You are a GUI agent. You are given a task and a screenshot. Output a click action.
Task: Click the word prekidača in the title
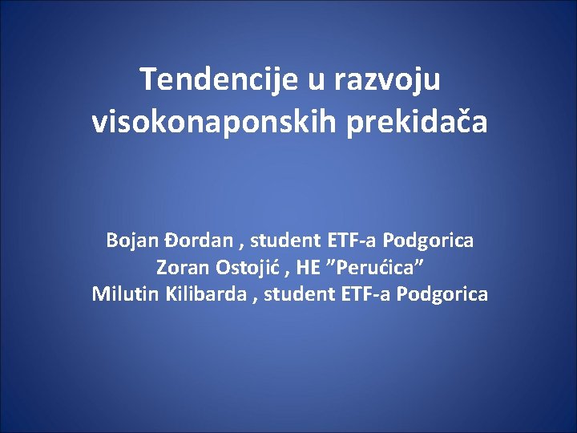tap(417, 123)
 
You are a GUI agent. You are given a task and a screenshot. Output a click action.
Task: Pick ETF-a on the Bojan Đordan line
tap(350, 241)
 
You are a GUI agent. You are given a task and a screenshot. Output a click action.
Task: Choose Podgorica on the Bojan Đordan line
tap(428, 241)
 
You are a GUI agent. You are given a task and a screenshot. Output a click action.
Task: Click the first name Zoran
tap(180, 267)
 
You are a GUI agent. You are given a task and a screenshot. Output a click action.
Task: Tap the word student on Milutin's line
tap(295, 294)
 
